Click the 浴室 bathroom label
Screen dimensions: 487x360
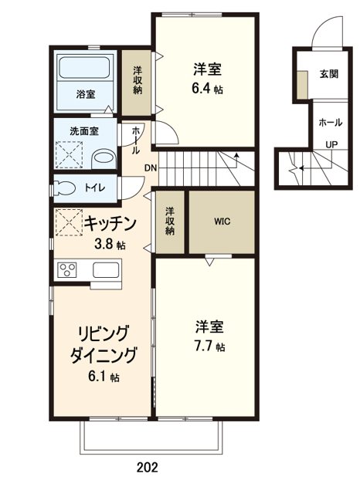click(x=86, y=93)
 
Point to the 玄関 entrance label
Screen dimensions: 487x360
click(x=328, y=75)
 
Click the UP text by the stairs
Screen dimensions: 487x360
click(x=331, y=144)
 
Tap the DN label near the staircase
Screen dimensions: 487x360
click(x=151, y=167)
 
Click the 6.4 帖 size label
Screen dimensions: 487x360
click(x=208, y=88)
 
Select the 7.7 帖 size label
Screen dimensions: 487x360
click(x=209, y=347)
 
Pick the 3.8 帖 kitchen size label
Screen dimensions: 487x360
click(x=110, y=245)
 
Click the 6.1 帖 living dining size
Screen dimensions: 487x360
click(x=103, y=377)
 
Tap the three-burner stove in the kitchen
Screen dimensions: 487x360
click(x=68, y=270)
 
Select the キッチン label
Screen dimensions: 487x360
click(x=110, y=224)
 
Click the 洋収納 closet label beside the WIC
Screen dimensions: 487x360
click(x=170, y=220)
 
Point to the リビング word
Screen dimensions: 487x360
click(x=102, y=333)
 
